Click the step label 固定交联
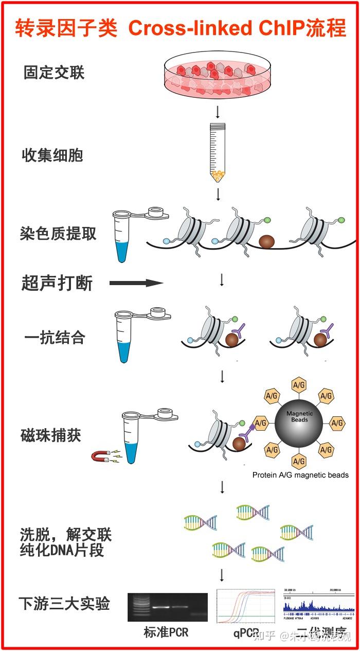[x=53, y=73]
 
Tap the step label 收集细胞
[x=52, y=155]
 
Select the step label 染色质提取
[x=58, y=234]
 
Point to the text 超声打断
[x=57, y=283]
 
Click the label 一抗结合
[x=55, y=338]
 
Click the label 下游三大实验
[x=64, y=603]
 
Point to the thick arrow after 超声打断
[x=136, y=283]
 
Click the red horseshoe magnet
[x=100, y=456]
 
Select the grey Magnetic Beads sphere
[x=299, y=423]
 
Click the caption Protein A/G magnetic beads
[x=300, y=475]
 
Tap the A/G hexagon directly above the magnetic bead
[x=299, y=385]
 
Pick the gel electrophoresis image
[x=167, y=607]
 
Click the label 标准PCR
[x=166, y=632]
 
